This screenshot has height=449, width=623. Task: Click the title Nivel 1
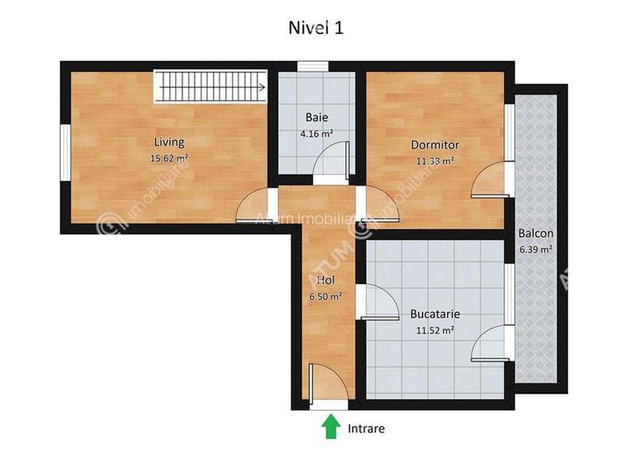(x=315, y=26)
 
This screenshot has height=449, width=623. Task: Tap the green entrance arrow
(x=330, y=427)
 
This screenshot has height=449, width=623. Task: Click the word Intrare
(x=366, y=428)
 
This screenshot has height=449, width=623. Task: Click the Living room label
(x=169, y=143)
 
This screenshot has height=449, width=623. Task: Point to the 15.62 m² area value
(x=169, y=158)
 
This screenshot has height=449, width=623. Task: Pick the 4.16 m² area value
(x=315, y=134)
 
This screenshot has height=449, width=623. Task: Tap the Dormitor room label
(x=435, y=144)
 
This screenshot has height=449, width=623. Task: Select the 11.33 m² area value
(x=435, y=160)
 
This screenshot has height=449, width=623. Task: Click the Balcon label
(x=535, y=234)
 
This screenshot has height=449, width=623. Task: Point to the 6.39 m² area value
(x=535, y=249)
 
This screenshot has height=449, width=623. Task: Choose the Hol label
(x=325, y=281)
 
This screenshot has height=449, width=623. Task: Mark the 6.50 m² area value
(x=325, y=296)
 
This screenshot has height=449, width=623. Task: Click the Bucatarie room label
(x=435, y=314)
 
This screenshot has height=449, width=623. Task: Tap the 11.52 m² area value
(x=435, y=329)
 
